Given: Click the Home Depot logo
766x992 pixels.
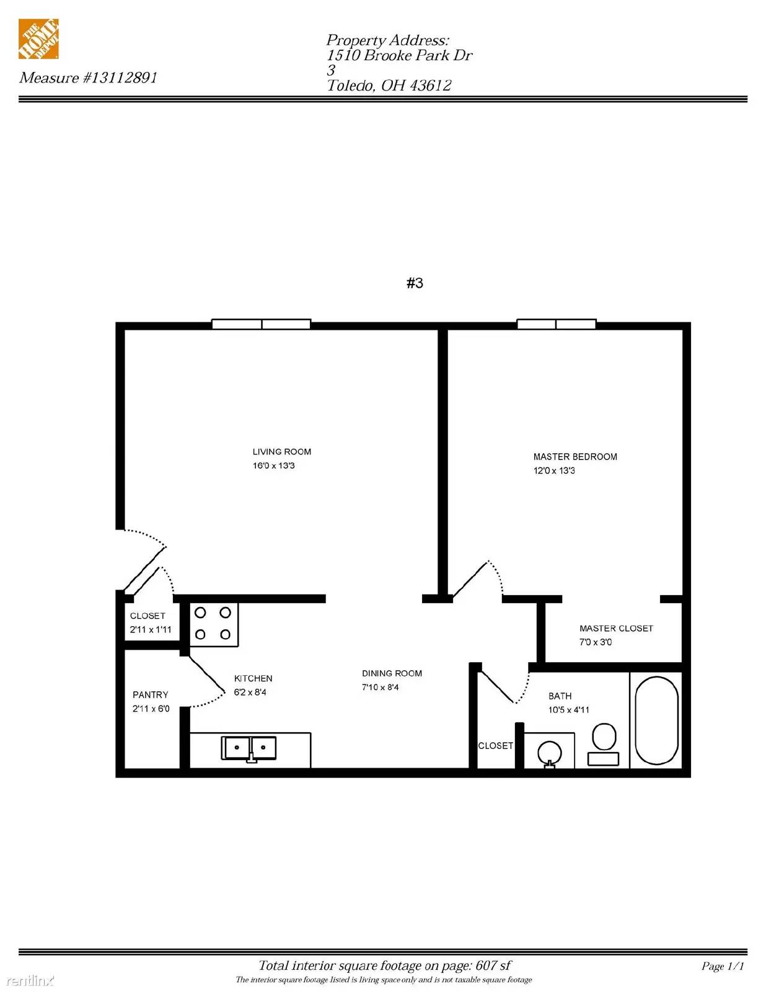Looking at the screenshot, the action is [38, 39].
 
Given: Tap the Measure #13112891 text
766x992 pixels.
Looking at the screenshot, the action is [88, 77].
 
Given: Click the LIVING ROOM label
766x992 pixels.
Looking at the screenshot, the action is [282, 452].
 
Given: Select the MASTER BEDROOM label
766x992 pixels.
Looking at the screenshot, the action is [575, 457].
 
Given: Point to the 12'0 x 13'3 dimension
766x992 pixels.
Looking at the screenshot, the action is [554, 471].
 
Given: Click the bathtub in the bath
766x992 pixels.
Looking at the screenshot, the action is [657, 721].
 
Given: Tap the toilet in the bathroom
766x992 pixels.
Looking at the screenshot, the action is [604, 744].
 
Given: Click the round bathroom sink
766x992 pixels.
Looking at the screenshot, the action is [549, 752].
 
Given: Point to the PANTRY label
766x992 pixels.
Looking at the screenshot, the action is [151, 695].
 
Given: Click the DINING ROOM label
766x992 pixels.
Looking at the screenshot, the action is [392, 673].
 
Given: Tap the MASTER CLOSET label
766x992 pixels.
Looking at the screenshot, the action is [617, 629].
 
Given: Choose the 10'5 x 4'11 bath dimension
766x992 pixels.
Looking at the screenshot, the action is [569, 710].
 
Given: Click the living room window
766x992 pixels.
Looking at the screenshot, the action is [262, 324].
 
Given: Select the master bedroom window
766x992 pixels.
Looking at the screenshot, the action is [557, 324].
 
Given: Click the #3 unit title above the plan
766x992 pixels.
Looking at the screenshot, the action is [415, 283].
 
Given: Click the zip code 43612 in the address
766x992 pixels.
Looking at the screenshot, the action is [430, 86].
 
